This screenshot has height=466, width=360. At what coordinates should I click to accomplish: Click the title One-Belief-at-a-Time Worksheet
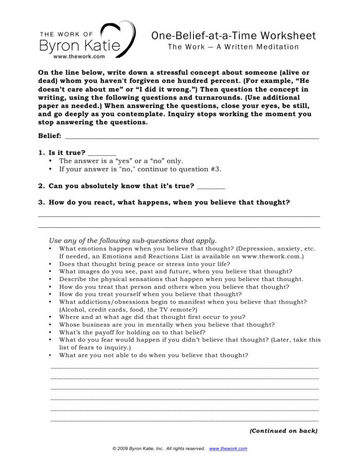click(233, 36)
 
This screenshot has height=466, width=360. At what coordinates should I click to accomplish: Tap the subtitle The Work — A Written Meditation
click(233, 47)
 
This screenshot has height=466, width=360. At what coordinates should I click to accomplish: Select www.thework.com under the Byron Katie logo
click(79, 56)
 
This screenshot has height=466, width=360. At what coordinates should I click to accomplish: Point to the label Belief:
click(49, 136)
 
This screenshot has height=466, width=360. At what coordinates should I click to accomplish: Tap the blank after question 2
click(211, 186)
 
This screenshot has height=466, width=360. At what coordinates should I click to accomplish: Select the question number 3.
click(41, 202)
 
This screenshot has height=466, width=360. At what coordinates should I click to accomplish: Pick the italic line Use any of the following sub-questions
click(133, 240)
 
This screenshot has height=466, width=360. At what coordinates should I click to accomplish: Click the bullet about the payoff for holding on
click(132, 332)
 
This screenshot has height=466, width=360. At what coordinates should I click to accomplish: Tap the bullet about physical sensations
click(181, 279)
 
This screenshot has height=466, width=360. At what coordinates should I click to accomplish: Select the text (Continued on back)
click(283, 431)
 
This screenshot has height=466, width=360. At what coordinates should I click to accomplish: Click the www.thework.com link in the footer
click(228, 449)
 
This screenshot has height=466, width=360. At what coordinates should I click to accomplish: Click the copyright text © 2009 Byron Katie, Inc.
click(158, 449)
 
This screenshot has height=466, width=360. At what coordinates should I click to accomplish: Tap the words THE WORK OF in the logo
click(66, 34)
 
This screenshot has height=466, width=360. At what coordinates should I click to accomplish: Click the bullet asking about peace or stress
click(151, 264)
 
